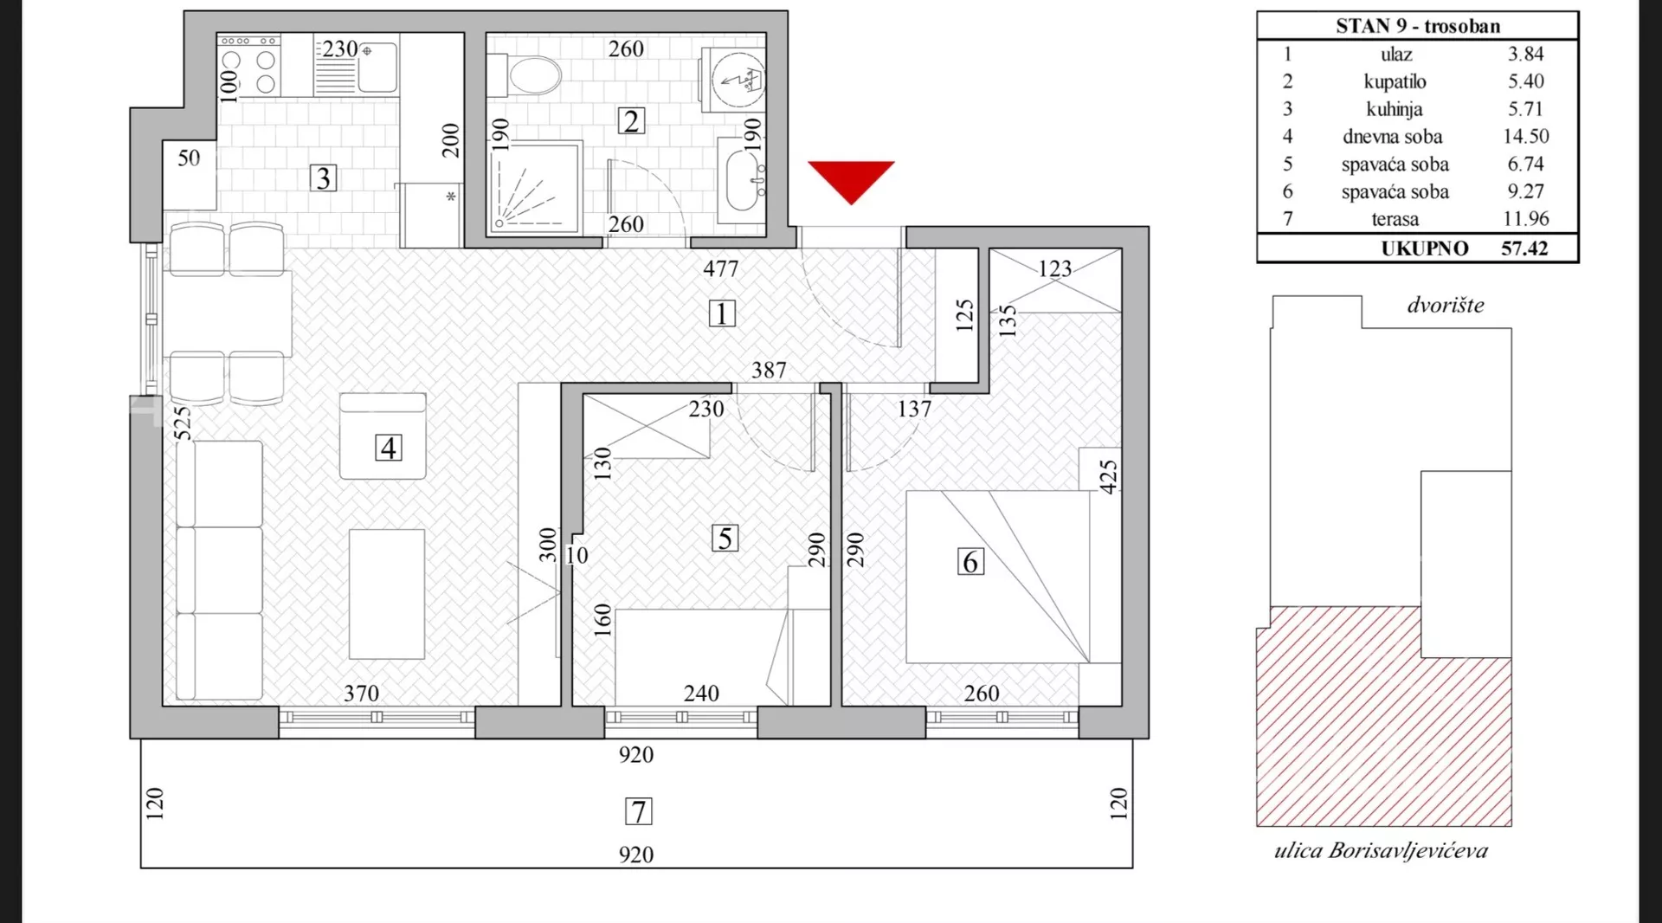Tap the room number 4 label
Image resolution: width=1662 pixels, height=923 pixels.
pos(388,448)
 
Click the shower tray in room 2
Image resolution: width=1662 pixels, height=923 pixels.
pos(534,187)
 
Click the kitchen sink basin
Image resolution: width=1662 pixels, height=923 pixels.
pos(377,66)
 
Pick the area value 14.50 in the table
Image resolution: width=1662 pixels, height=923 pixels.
pos(1525,136)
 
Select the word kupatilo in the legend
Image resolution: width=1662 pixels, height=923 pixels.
pos(1395,81)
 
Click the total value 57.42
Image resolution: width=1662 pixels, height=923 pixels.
pos(1524,248)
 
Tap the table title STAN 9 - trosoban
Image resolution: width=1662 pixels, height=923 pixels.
pos(1417,26)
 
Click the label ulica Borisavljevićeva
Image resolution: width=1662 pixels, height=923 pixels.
pos(1381,851)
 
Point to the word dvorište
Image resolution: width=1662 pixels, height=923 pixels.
pos(1446,305)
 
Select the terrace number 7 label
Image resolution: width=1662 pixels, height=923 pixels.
pos(638,811)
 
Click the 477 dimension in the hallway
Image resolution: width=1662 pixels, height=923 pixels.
pos(720,269)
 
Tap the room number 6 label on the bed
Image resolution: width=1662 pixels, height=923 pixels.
pos(970,562)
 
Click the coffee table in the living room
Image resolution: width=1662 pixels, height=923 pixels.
pos(387,594)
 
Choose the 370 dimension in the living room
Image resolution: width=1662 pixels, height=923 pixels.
pos(361,694)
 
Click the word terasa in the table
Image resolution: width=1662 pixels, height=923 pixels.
pos(1395,219)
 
